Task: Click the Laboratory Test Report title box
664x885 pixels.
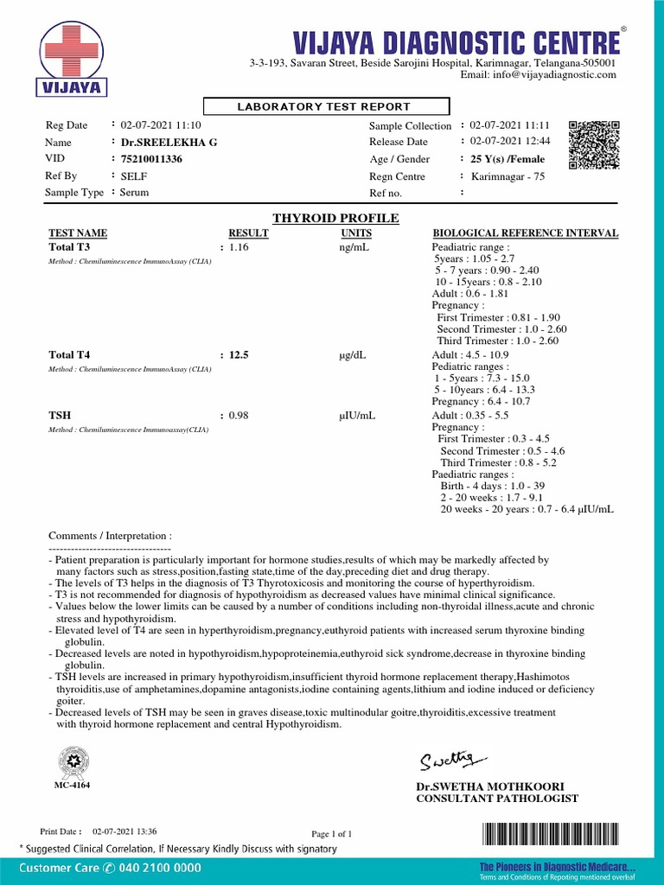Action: pyautogui.click(x=326, y=106)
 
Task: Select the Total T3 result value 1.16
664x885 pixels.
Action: pyautogui.click(x=239, y=248)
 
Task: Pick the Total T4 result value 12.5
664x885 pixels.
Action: pyautogui.click(x=239, y=354)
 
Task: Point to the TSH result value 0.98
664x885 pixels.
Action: pyautogui.click(x=239, y=416)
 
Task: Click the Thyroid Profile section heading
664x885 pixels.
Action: pyautogui.click(x=335, y=219)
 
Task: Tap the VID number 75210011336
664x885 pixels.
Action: pyautogui.click(x=151, y=159)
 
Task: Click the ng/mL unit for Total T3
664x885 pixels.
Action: pyautogui.click(x=354, y=248)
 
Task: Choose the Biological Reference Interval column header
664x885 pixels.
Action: pyautogui.click(x=525, y=233)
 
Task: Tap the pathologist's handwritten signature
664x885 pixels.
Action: pyautogui.click(x=447, y=760)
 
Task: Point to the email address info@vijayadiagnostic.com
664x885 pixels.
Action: pyautogui.click(x=538, y=75)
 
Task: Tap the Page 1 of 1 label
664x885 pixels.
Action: pyautogui.click(x=331, y=834)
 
